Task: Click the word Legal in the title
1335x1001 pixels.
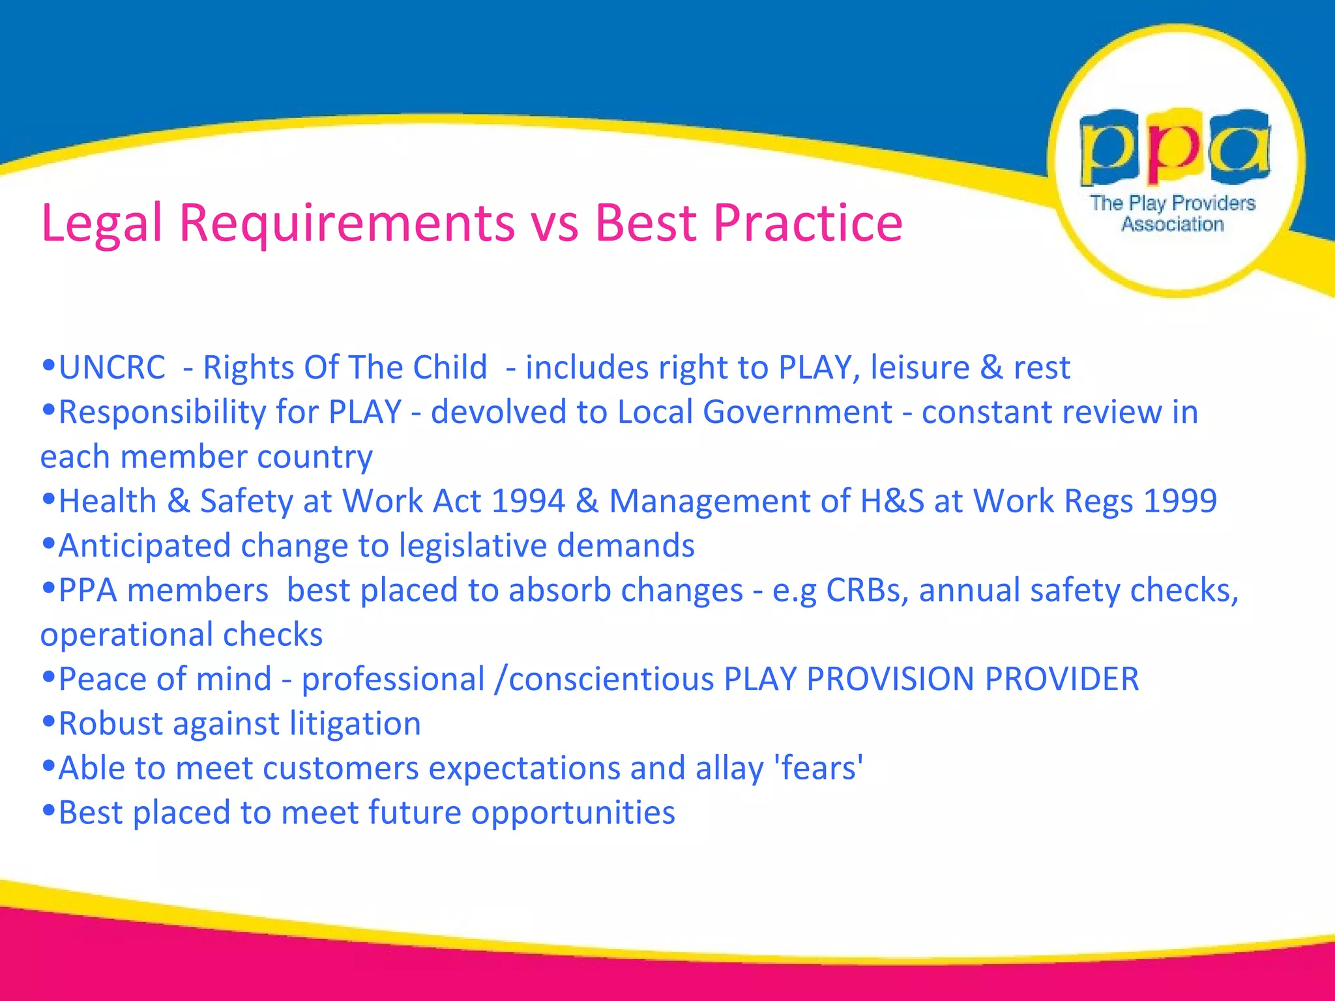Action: pyautogui.click(x=101, y=224)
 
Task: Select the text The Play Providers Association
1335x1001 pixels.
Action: pyautogui.click(x=1173, y=213)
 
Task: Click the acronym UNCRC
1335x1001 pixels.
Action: pyautogui.click(x=112, y=368)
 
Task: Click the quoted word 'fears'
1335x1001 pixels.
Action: pyautogui.click(x=819, y=768)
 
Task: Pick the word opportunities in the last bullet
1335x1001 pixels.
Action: pyautogui.click(x=573, y=813)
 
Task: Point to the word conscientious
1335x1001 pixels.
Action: pyautogui.click(x=611, y=679)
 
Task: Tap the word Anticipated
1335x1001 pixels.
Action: pyautogui.click(x=145, y=546)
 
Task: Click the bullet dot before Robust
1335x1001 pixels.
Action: pyautogui.click(x=48, y=721)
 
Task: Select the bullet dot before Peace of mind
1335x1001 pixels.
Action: pyautogui.click(x=48, y=677)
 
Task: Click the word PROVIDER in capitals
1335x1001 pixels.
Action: pyautogui.click(x=1062, y=679)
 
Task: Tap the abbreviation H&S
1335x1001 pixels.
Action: pyautogui.click(x=892, y=501)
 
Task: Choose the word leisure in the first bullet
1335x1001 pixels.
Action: pyautogui.click(x=920, y=368)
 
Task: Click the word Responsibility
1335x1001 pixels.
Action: pyautogui.click(x=162, y=413)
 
